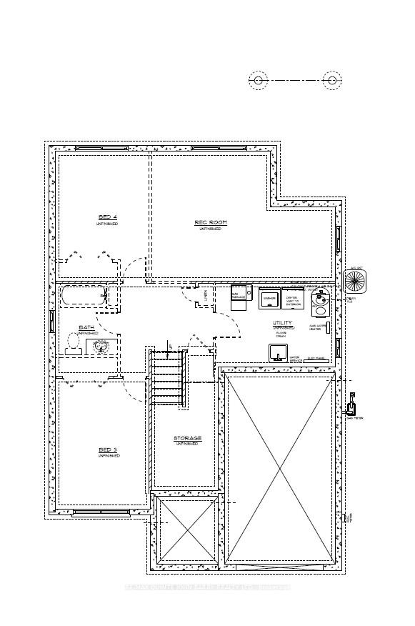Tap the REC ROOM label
[211, 222]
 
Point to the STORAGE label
[187, 438]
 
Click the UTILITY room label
[282, 323]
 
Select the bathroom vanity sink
[101, 347]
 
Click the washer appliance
[269, 299]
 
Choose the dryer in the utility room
[293, 299]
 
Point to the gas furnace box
[240, 294]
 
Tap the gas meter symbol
[350, 408]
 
